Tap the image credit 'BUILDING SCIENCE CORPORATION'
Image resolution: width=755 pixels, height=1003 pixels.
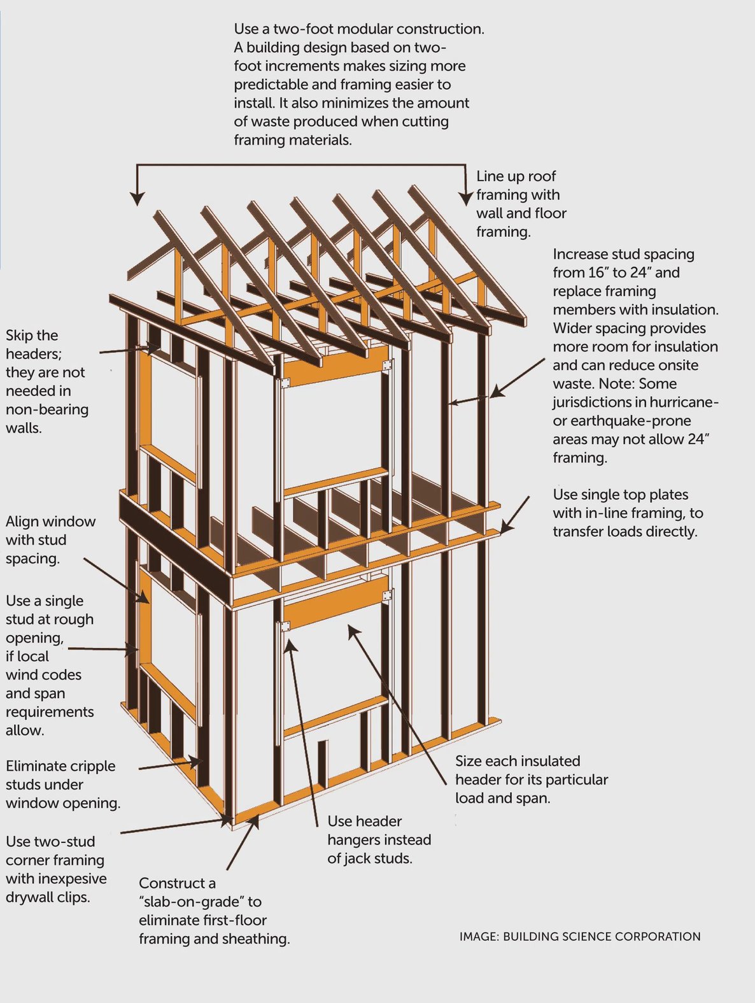click(601, 937)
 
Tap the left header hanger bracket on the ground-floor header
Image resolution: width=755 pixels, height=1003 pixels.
click(285, 627)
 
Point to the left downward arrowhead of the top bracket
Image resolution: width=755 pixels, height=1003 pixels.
click(136, 199)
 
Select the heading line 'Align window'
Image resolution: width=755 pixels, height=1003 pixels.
click(50, 522)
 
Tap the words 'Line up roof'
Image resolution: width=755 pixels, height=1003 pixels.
click(516, 176)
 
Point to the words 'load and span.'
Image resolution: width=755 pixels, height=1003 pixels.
click(502, 798)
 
